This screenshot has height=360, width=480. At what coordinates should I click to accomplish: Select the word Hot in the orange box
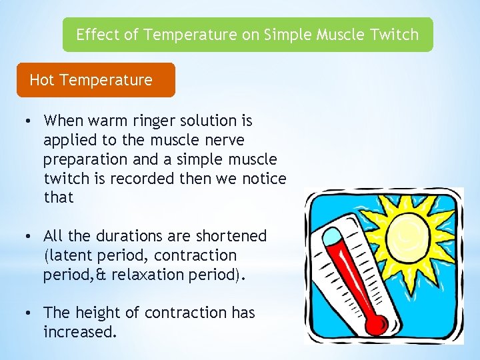42,80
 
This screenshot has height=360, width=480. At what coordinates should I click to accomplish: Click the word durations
128,236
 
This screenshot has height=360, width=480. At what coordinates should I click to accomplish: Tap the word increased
79,331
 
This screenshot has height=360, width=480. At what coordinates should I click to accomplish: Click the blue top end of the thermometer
331,235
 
